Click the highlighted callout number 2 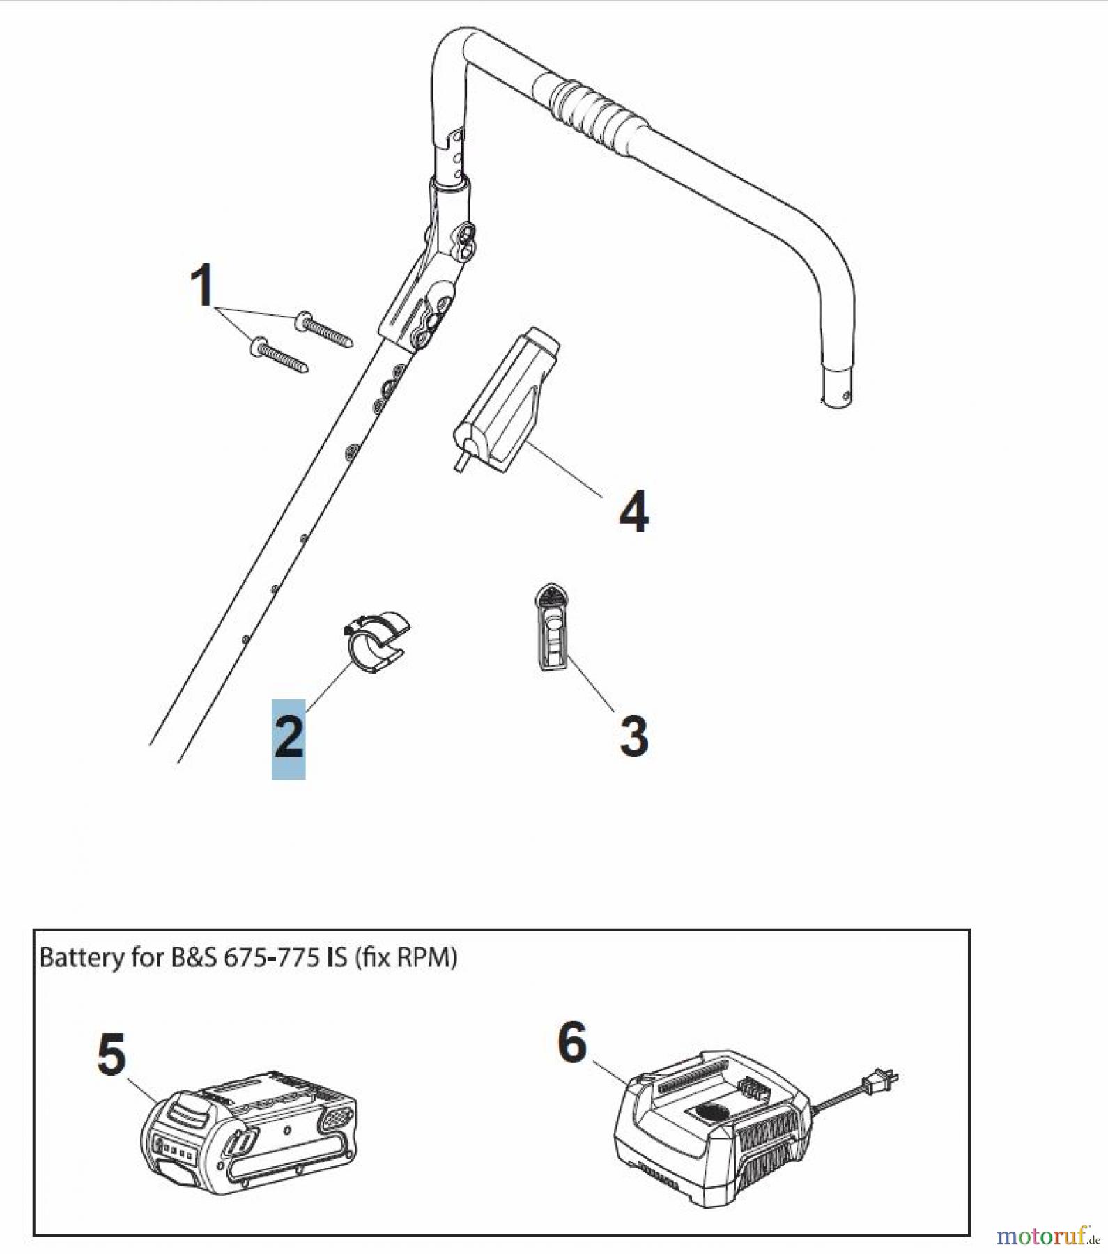pyautogui.click(x=288, y=738)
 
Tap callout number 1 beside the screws pyautogui.click(x=202, y=285)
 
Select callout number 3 pyautogui.click(x=633, y=736)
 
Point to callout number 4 pyautogui.click(x=633, y=512)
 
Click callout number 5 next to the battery pyautogui.click(x=111, y=1054)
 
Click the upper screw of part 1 pyautogui.click(x=325, y=330)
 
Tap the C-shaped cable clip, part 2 pyautogui.click(x=376, y=641)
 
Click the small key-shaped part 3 pyautogui.click(x=552, y=627)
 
